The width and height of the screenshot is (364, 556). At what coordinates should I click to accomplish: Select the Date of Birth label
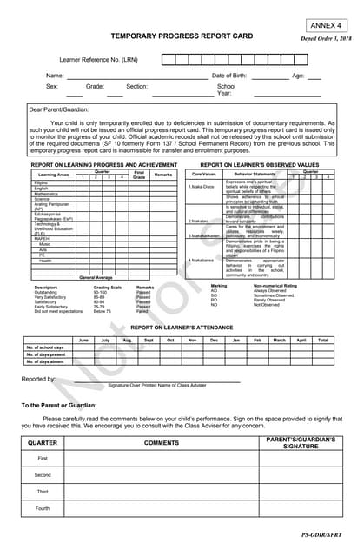tap(229, 76)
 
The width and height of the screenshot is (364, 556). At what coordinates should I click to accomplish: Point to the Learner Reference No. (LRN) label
tap(98, 59)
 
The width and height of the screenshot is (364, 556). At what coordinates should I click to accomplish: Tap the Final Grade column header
tap(139, 174)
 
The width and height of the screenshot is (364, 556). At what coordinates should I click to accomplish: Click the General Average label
tap(96, 276)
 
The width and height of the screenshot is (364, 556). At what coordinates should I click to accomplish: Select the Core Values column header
tap(204, 174)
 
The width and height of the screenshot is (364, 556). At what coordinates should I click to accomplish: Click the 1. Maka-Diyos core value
tap(202, 187)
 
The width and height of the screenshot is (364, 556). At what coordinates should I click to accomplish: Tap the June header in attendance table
tap(83, 340)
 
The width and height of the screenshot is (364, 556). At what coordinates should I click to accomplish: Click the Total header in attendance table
tap(322, 340)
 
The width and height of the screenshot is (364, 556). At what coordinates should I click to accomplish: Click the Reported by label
tap(39, 380)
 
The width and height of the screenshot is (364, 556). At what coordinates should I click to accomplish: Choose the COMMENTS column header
tap(161, 443)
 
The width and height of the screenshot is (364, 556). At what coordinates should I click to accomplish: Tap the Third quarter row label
tap(43, 492)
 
